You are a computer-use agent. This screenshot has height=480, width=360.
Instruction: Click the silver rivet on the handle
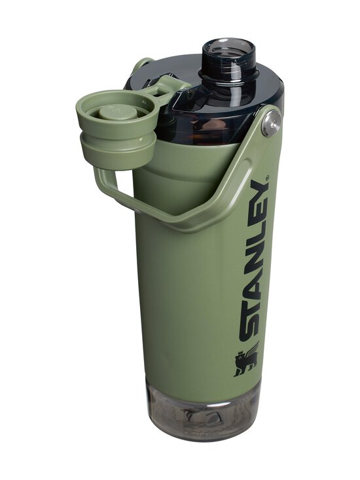[271, 122]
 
